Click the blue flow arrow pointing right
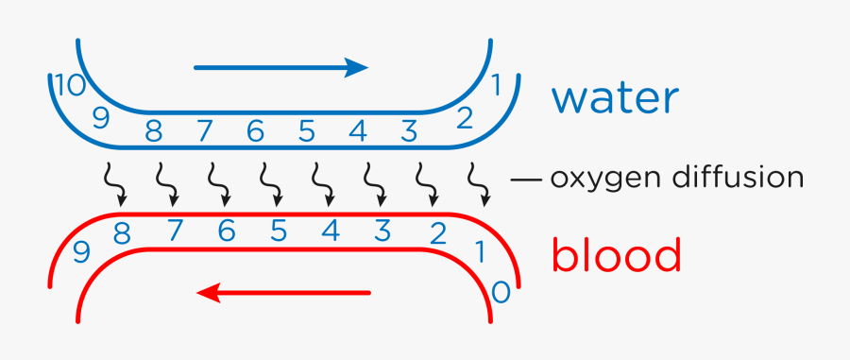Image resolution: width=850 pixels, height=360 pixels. click(x=280, y=67)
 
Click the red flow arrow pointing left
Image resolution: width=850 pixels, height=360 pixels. click(x=284, y=293)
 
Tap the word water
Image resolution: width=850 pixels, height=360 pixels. click(x=615, y=98)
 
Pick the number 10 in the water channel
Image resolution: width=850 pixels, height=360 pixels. click(x=71, y=86)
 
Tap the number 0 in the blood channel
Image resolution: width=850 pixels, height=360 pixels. click(x=501, y=292)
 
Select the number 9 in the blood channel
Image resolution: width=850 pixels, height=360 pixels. click(x=81, y=252)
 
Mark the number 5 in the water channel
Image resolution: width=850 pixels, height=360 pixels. click(x=306, y=130)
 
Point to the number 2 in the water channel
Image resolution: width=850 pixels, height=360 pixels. click(x=464, y=118)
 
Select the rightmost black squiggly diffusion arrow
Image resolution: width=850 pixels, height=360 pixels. click(x=480, y=185)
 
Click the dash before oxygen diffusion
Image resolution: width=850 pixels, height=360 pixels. click(x=525, y=178)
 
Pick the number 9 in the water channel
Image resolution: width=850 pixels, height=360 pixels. click(x=101, y=118)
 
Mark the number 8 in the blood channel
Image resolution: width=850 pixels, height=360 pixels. click(x=121, y=232)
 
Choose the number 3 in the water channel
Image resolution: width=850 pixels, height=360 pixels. click(x=408, y=130)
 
